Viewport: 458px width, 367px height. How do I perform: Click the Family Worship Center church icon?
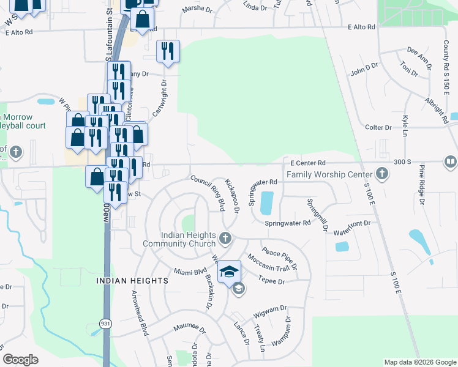382,174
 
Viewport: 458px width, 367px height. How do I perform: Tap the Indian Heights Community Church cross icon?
225,237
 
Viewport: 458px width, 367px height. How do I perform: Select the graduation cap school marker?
230,270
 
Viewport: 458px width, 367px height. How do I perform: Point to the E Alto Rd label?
361,27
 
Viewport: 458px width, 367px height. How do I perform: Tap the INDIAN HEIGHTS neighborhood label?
132,280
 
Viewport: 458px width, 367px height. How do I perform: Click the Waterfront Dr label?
352,232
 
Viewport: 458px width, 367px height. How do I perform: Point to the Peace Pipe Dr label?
279,259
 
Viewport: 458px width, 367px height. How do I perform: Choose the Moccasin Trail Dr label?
270,268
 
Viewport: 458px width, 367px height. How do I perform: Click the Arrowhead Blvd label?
140,313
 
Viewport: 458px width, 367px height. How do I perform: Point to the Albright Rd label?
437,108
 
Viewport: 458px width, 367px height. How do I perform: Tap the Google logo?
20,360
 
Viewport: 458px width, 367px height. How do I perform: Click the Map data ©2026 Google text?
419,362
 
